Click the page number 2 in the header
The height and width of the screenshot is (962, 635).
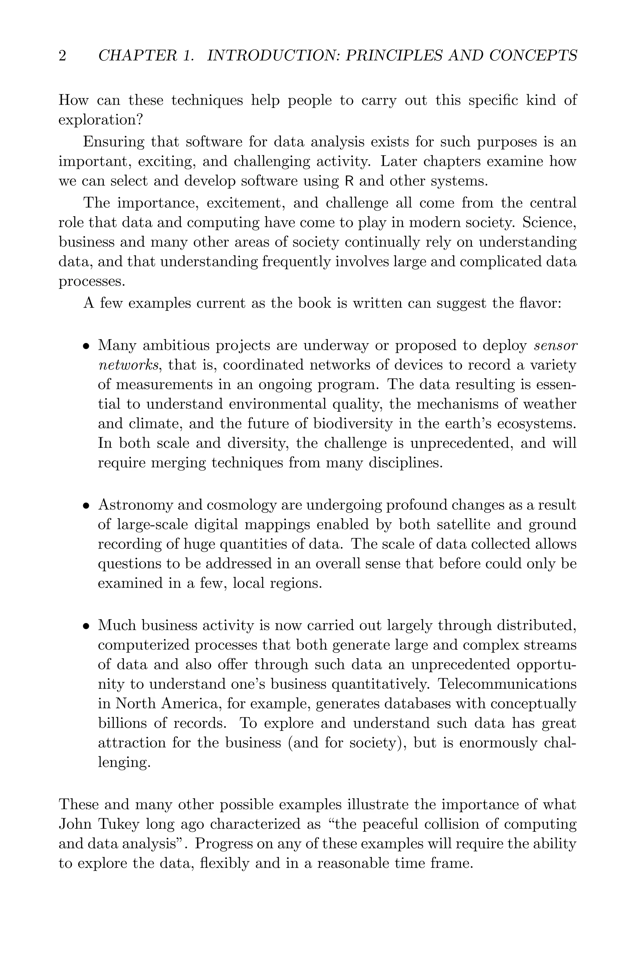[62, 56]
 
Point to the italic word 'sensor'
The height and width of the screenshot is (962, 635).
[556, 346]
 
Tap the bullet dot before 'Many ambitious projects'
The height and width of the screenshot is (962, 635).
[86, 347]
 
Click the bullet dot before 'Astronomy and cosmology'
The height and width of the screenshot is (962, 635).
[86, 506]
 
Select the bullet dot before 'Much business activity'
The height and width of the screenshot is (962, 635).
[86, 626]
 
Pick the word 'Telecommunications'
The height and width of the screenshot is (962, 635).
[508, 684]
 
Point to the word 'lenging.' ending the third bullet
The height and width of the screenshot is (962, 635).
[124, 762]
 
